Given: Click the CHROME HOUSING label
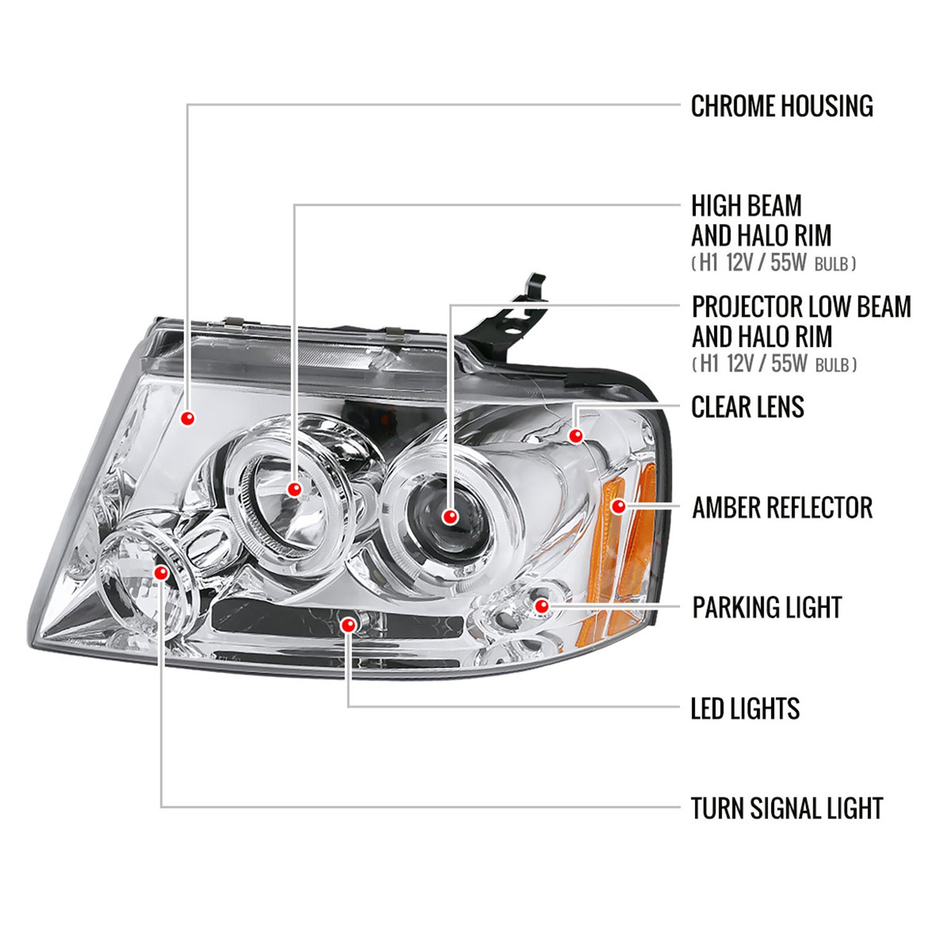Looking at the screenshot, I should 781,107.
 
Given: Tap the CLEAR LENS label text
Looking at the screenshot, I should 747,407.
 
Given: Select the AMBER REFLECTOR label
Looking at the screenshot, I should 782,508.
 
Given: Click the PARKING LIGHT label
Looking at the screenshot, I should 767,607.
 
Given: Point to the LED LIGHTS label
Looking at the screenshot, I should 744,709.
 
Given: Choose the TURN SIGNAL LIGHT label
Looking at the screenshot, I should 786,808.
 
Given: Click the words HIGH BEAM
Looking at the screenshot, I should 746,206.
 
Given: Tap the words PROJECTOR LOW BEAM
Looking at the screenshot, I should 801,307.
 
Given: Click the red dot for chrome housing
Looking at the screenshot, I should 187,418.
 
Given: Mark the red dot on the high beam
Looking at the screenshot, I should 294,489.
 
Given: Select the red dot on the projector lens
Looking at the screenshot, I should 450,516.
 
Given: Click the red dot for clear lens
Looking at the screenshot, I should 576,436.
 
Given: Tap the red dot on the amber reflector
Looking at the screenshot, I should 618,506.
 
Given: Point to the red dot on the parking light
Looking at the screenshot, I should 541,606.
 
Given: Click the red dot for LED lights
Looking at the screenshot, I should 347,626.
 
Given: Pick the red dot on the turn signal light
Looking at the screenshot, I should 161,573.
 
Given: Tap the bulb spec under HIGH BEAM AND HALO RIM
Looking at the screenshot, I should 773,263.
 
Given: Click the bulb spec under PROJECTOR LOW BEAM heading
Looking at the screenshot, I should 773,364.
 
